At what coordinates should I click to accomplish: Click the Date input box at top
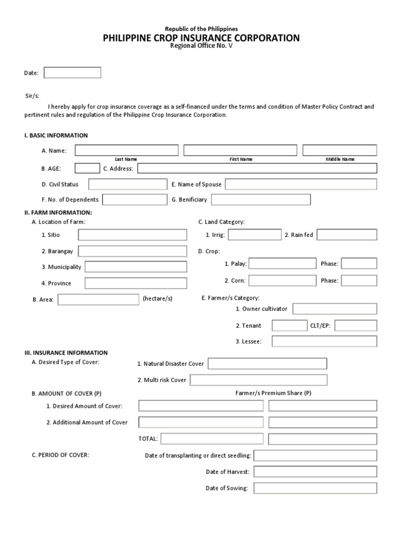72,73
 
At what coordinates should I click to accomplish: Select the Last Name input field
126,151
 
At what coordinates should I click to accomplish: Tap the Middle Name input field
340,151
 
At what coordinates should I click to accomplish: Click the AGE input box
87,168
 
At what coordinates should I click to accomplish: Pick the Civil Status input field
128,184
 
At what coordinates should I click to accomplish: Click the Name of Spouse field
301,184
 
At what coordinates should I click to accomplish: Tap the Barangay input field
132,251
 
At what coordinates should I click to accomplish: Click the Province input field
135,283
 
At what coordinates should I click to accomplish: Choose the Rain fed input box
346,235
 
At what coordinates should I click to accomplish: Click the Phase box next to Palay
359,264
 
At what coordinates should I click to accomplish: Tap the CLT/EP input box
355,326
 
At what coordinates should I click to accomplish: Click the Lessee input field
324,342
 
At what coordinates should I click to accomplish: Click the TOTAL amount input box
213,439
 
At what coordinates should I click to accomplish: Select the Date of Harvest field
315,472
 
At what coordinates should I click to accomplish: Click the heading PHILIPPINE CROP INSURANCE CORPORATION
201,38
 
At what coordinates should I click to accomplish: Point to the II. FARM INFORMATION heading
58,212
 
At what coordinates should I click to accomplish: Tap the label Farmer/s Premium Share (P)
273,393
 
